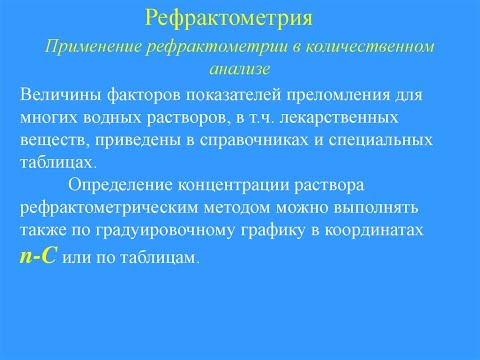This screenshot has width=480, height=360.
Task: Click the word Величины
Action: point(58,95)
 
